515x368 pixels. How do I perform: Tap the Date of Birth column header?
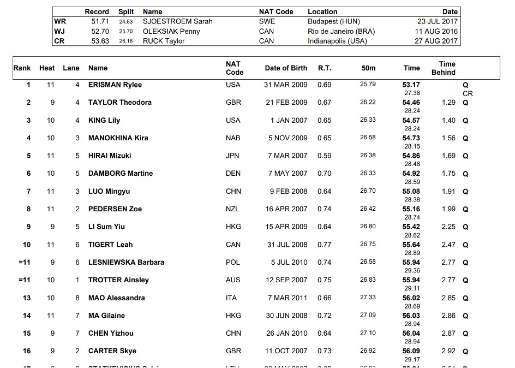(x=286, y=68)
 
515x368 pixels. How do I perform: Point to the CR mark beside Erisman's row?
(x=468, y=93)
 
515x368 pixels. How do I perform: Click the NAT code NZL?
(x=233, y=209)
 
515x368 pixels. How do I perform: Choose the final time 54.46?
(x=411, y=103)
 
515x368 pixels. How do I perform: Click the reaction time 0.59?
(x=324, y=156)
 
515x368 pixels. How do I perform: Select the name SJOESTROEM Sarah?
(x=177, y=21)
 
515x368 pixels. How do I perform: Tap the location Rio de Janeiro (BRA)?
(x=342, y=31)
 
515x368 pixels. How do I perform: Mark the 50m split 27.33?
(x=368, y=298)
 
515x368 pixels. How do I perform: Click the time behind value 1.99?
(x=448, y=209)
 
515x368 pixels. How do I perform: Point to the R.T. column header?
(x=324, y=68)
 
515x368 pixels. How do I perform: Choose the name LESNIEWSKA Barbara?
(x=126, y=262)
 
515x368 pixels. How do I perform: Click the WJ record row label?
(x=59, y=31)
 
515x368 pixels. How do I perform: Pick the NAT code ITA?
(x=233, y=298)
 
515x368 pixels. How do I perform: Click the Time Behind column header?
(x=447, y=68)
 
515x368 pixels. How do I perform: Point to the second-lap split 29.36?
(x=412, y=270)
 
